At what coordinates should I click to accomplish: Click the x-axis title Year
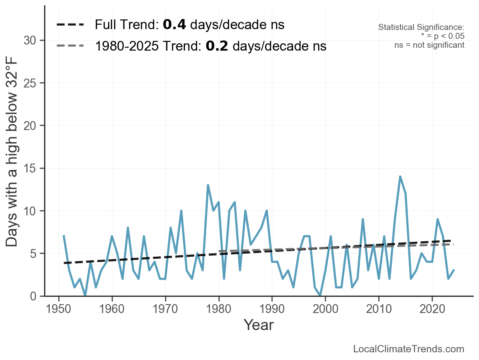point(259,325)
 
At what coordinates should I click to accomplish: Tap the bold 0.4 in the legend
point(174,25)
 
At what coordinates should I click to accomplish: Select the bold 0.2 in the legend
point(217,46)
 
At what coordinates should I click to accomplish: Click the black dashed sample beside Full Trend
point(70,25)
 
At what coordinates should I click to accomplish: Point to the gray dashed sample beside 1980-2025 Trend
point(70,46)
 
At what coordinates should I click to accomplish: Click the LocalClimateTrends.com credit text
point(409,349)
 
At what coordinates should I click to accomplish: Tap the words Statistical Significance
point(421,28)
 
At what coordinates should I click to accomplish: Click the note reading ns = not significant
point(429,45)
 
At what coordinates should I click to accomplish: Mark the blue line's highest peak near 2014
point(400,177)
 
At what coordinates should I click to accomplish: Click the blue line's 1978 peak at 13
point(208,185)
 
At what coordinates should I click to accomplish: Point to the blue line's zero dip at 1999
point(320,296)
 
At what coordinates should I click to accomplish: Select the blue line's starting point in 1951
point(64,236)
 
